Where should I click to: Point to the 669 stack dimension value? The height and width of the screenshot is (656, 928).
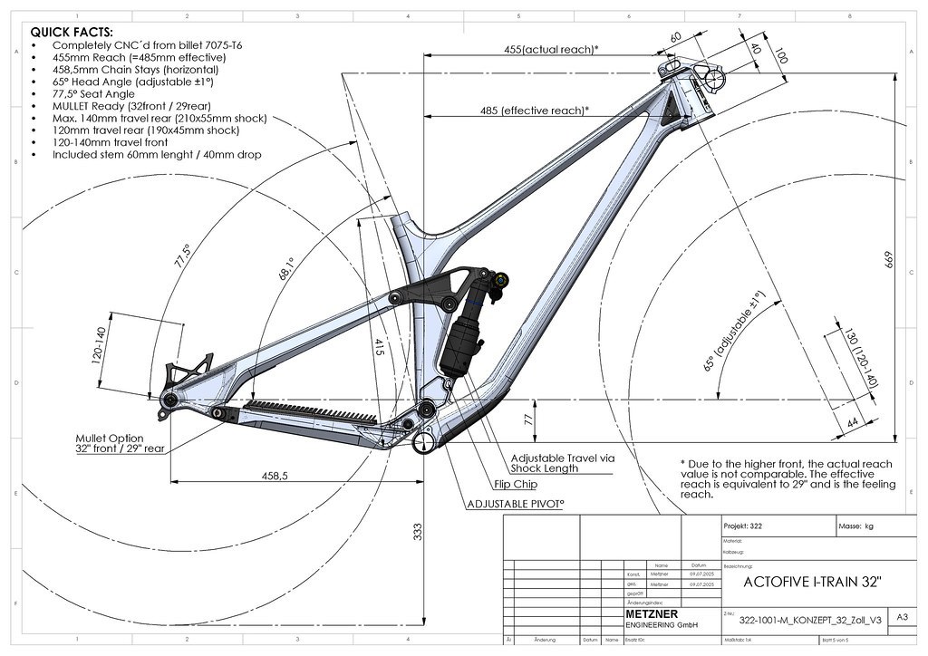(x=889, y=261)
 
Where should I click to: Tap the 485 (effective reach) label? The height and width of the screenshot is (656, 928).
(x=534, y=111)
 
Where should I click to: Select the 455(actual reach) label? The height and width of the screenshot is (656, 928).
(x=550, y=49)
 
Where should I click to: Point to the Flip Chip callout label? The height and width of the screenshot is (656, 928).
(x=516, y=484)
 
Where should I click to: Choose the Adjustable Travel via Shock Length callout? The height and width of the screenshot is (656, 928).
(x=562, y=463)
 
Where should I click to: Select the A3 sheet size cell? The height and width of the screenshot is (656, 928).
(x=902, y=617)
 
